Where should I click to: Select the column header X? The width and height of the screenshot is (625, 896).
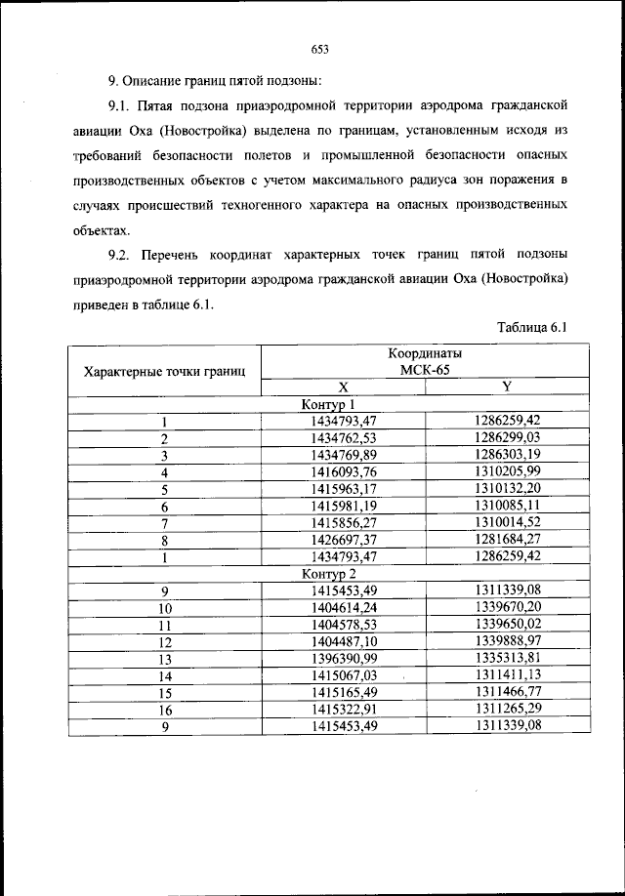pos(343,387)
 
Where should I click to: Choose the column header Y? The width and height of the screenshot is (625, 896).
pos(507,387)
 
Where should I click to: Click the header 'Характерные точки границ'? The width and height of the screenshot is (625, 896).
pos(165,371)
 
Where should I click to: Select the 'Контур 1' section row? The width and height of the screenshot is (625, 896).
pos(328,404)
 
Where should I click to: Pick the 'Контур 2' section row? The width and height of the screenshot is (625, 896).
pos(328,574)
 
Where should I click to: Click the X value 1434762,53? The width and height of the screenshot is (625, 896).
pos(344,438)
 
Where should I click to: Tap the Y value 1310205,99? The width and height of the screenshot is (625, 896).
pos(507,471)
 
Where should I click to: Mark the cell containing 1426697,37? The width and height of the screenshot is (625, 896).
pos(344,540)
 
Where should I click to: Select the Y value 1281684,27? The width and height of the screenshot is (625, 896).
pos(507,540)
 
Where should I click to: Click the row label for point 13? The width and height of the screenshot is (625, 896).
pos(165,659)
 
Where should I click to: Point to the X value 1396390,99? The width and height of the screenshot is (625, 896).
pos(344,659)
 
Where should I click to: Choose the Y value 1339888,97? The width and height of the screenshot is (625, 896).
pos(507,641)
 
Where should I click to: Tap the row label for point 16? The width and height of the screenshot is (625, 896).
pos(165,710)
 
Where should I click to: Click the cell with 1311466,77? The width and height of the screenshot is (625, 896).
pos(507,692)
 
